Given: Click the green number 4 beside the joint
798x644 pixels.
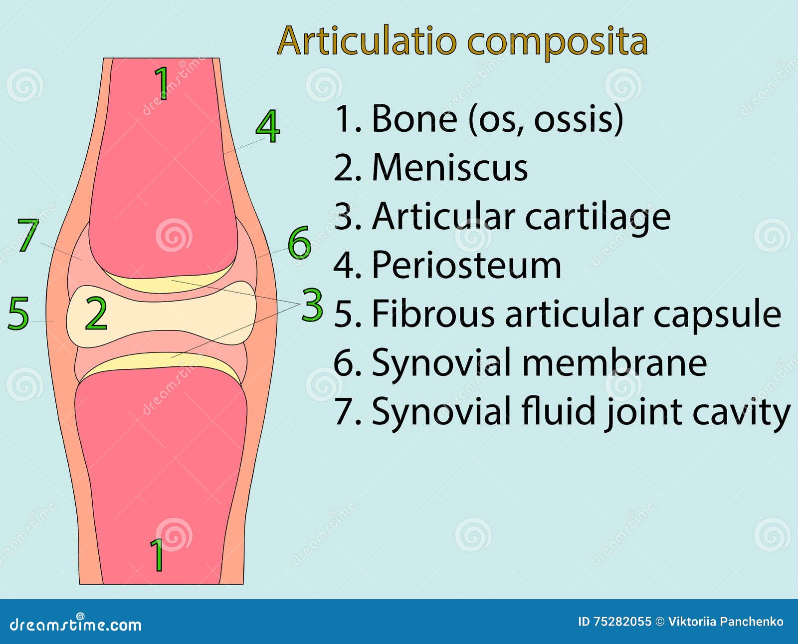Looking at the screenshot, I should pos(268,127).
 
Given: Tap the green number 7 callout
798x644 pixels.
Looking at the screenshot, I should pos(28,235).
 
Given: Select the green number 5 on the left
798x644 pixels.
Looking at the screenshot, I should pos(18,314).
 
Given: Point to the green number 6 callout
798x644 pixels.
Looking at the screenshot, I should pos(299,243).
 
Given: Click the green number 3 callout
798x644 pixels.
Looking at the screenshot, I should pos(312,305).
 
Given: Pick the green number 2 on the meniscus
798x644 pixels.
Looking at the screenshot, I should pos(96,314).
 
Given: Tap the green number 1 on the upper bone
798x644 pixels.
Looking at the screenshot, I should pos(162,82).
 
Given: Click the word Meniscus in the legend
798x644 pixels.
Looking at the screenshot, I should pos(449,168).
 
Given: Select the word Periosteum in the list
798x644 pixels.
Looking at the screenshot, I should pos(466,266).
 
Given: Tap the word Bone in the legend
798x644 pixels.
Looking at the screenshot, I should pos(414,119).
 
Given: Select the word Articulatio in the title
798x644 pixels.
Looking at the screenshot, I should pos(367,41).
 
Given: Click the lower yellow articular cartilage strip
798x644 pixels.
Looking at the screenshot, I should pos(160,360).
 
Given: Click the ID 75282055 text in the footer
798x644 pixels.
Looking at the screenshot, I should pos(614,622).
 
